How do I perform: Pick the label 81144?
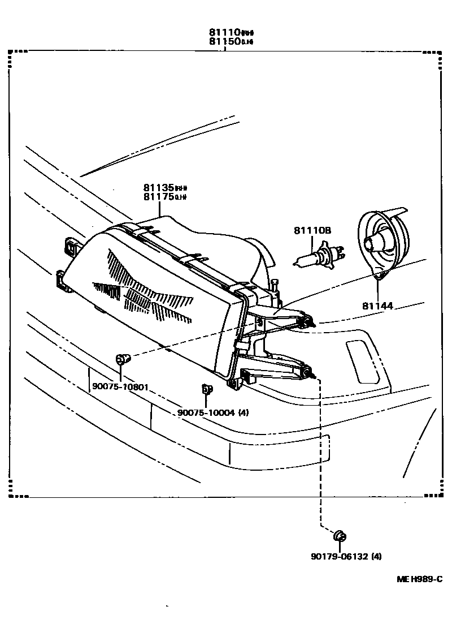click(377, 306)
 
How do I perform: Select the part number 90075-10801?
click(120, 388)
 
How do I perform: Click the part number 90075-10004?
click(205, 412)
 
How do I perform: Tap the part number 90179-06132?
click(338, 556)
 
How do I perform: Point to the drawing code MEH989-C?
click(418, 579)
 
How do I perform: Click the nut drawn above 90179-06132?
click(340, 536)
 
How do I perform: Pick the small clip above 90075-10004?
click(206, 389)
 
